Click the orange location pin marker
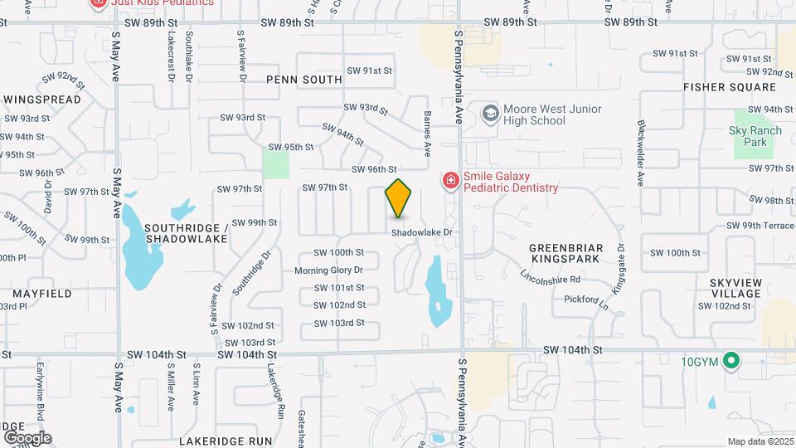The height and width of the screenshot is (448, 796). (399, 197)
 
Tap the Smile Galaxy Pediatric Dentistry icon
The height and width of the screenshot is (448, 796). (450, 180)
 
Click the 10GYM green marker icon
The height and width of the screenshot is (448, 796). (730, 361)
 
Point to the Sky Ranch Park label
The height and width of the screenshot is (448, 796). (750, 136)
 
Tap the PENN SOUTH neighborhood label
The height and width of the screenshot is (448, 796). (304, 80)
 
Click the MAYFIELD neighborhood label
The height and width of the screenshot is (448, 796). (41, 294)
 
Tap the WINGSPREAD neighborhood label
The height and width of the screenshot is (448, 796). (42, 100)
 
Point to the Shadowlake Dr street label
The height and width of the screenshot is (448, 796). (423, 233)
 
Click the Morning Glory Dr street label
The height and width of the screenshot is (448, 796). (329, 270)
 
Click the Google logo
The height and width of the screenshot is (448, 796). (27, 437)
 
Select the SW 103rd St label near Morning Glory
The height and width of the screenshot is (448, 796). (339, 322)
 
